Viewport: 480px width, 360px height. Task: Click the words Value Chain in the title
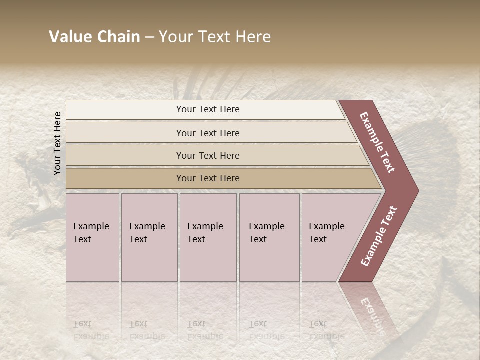[x=94, y=37]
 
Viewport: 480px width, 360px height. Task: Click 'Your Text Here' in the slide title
[x=215, y=37]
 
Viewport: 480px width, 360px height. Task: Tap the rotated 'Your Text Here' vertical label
[x=57, y=143]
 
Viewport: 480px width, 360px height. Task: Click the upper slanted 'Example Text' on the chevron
[x=377, y=142]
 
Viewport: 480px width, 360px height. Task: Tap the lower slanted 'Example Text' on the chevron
[x=379, y=236]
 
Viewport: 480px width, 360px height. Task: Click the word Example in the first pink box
[x=91, y=226]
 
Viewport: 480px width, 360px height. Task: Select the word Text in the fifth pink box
[x=318, y=239]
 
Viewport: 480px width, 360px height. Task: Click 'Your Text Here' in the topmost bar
[x=208, y=109]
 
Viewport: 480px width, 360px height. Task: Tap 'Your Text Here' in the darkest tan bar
[x=208, y=178]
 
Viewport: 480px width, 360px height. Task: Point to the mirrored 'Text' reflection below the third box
[x=196, y=323]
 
